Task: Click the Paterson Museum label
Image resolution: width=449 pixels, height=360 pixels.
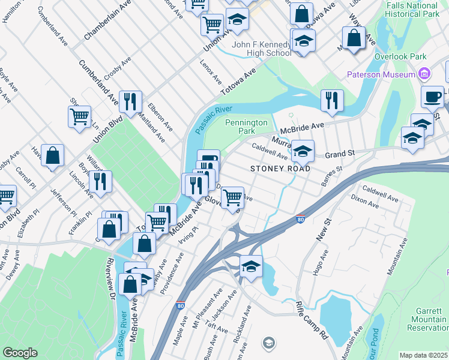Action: [382, 74]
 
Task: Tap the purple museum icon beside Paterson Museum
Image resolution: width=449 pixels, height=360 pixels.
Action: [424, 74]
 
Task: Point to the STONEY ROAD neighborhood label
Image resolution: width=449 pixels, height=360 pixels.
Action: [280, 169]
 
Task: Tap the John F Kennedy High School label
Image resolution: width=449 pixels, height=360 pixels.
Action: [261, 48]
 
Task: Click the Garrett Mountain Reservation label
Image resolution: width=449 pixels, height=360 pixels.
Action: [430, 319]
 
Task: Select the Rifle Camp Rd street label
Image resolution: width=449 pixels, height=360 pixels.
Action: [311, 322]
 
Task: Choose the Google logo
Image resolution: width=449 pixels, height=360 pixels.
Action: [20, 353]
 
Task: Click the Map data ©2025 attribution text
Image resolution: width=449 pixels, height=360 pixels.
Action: [423, 355]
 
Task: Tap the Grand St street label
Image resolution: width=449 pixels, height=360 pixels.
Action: [340, 154]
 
